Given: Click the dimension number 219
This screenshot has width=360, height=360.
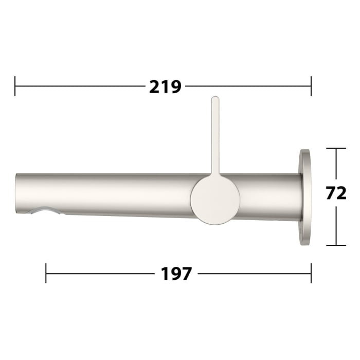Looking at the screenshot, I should pos(165,87).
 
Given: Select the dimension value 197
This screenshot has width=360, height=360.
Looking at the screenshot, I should pos(176,274).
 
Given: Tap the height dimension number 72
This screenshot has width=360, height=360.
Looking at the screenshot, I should pos(336,193).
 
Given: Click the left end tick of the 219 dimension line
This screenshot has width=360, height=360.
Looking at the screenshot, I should pos(15,86).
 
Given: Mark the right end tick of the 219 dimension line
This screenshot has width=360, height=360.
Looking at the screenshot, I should pos(311,86).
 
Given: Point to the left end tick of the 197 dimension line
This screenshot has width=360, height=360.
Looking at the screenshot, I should pos(46,273).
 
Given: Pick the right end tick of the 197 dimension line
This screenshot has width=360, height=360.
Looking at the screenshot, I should pos(311,273).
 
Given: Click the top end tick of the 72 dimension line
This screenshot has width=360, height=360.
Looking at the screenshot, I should pos(336,149).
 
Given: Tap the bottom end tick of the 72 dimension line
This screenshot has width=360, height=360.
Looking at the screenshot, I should pos(336,245).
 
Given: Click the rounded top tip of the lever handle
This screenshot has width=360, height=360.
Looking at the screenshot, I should pos(215,99).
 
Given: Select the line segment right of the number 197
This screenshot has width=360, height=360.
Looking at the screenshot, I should pos(254,273).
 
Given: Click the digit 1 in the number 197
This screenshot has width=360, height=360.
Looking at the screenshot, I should pos(165,274).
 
